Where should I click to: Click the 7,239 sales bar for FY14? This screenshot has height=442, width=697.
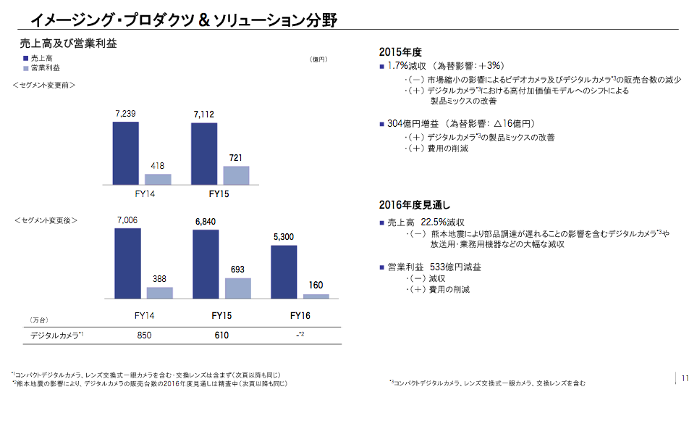click(x=125, y=153)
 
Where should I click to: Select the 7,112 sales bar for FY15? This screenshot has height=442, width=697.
click(x=203, y=154)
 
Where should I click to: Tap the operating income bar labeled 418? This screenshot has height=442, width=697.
click(x=158, y=179)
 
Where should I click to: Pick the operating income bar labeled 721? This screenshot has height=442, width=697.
click(x=236, y=175)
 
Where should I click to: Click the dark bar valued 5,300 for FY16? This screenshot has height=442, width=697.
click(x=284, y=272)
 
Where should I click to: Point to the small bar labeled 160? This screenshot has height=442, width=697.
click(x=316, y=296)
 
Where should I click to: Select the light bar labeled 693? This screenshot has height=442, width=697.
click(x=237, y=288)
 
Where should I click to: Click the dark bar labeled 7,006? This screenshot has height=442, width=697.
click(x=127, y=263)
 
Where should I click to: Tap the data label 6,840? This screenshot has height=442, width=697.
click(x=205, y=221)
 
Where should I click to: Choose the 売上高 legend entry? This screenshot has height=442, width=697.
click(x=42, y=58)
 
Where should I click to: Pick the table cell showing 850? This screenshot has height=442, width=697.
click(x=144, y=335)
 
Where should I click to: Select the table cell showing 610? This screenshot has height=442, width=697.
click(x=221, y=335)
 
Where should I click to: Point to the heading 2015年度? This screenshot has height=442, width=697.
click(x=400, y=52)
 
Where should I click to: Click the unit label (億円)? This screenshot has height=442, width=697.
click(x=318, y=59)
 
